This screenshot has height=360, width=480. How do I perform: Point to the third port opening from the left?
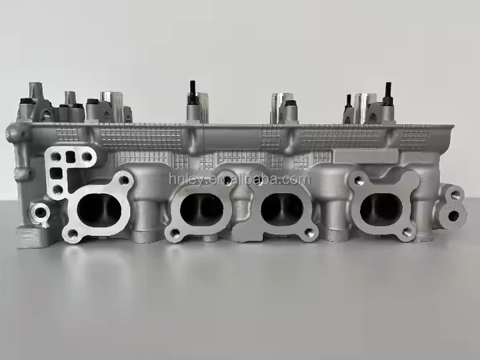[281, 209]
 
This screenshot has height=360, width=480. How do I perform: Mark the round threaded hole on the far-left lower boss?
[41, 214]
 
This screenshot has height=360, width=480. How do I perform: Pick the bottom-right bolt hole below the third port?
[308, 234]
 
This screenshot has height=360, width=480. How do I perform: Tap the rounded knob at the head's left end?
[11, 133]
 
